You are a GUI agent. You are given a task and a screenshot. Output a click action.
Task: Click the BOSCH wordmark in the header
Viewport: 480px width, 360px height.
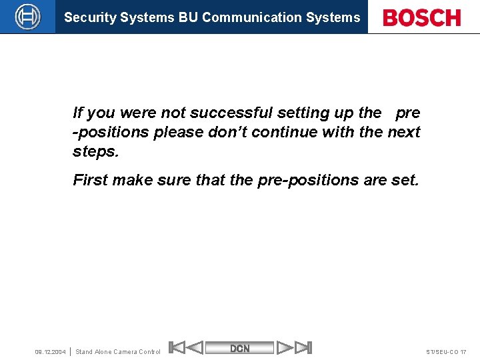pyautogui.click(x=422, y=17)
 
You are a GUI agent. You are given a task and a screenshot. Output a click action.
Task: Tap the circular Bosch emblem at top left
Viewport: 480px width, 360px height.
pyautogui.click(x=27, y=17)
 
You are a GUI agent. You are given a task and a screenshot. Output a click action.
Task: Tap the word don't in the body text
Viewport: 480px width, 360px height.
pyautogui.click(x=229, y=132)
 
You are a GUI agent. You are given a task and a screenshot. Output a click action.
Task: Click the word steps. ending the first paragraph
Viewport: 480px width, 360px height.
pyautogui.click(x=96, y=151)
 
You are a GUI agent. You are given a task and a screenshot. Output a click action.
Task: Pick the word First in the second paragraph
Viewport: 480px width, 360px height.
pyautogui.click(x=89, y=180)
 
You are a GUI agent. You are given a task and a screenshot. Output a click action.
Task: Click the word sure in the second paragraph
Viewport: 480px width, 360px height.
pyautogui.click(x=174, y=180)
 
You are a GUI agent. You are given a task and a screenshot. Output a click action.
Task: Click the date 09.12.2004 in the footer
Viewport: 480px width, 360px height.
pyautogui.click(x=50, y=352)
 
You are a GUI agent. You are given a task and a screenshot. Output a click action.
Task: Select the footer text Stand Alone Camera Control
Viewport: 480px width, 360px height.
pyautogui.click(x=118, y=352)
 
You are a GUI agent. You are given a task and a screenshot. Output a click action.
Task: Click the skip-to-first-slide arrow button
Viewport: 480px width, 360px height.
pyautogui.click(x=176, y=347)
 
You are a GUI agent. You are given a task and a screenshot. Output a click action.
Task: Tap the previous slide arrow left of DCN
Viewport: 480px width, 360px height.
pyautogui.click(x=194, y=347)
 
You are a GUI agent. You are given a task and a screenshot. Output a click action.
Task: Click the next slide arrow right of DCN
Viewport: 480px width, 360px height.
pyautogui.click(x=285, y=347)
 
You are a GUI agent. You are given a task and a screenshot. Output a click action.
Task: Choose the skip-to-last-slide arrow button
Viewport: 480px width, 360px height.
pyautogui.click(x=303, y=347)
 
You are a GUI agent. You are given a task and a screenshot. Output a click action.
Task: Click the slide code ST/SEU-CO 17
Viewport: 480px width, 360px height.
pyautogui.click(x=445, y=352)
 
